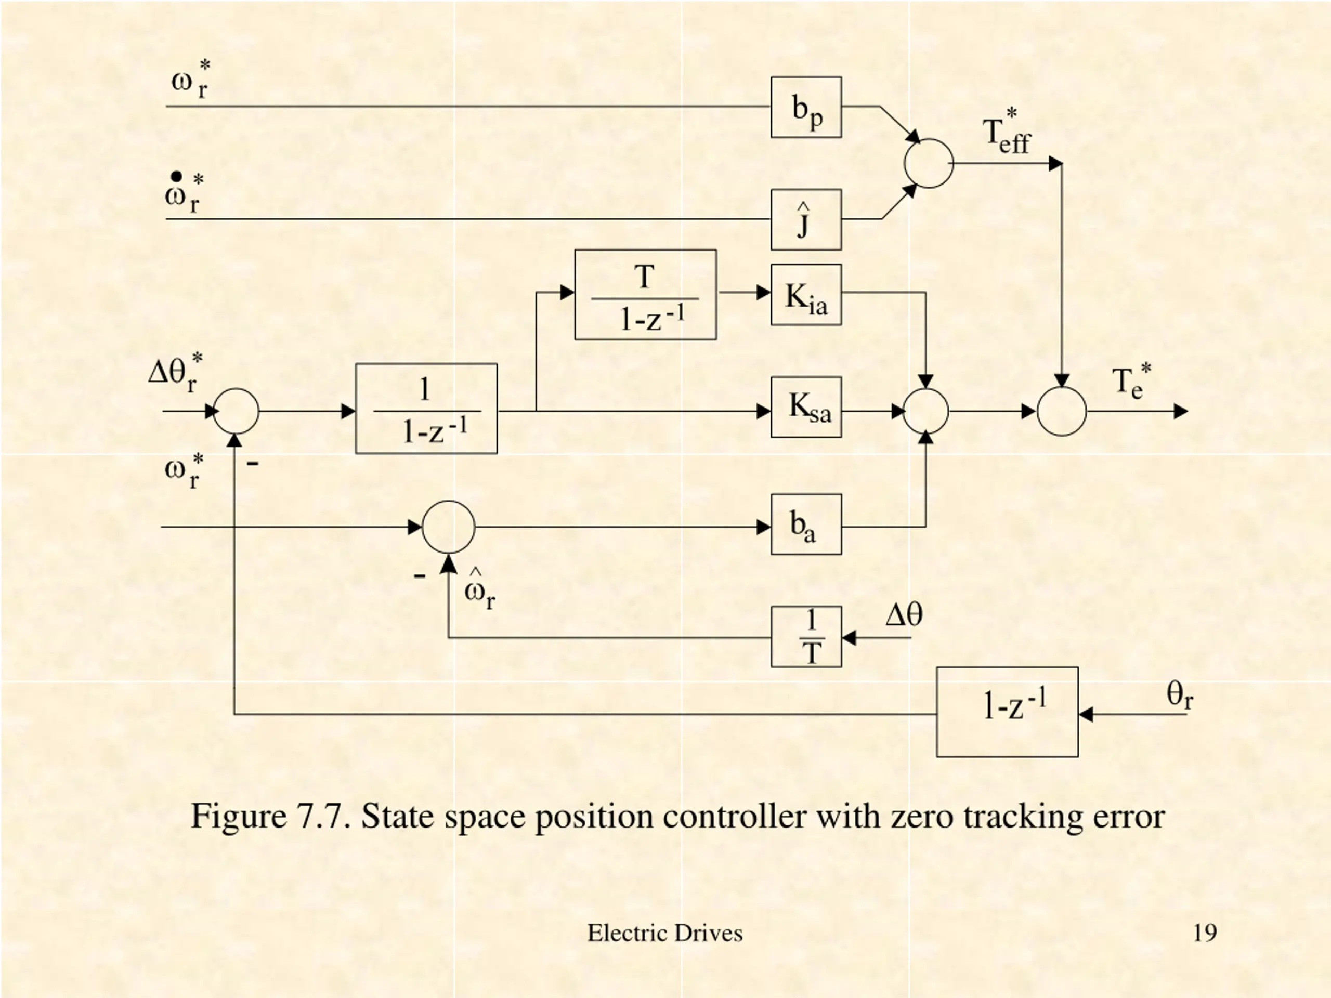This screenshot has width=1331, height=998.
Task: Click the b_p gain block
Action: point(806,107)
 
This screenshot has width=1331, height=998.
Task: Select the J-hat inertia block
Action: point(806,219)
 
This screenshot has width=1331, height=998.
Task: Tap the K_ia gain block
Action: point(806,295)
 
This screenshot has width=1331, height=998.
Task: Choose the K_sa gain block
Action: point(806,408)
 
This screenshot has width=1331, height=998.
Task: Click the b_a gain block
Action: point(806,524)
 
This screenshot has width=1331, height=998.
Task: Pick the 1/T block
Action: point(806,636)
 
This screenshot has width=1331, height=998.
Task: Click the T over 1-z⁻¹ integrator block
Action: point(645,295)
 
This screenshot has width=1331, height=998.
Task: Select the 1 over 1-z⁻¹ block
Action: point(426,409)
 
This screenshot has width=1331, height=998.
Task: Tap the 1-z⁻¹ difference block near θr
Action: point(1007,712)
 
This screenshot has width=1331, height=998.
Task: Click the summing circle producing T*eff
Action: point(929,163)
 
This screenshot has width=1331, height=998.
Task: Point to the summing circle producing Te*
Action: point(1062,412)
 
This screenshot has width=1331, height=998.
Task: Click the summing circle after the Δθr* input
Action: point(236,412)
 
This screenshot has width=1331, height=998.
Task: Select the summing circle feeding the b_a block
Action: point(448,527)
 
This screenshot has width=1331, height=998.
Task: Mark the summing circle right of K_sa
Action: point(925,412)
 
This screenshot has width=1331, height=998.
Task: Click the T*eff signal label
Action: point(1006,134)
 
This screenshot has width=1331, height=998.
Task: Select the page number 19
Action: point(1205,933)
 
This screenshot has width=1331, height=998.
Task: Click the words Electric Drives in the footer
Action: point(665,933)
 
